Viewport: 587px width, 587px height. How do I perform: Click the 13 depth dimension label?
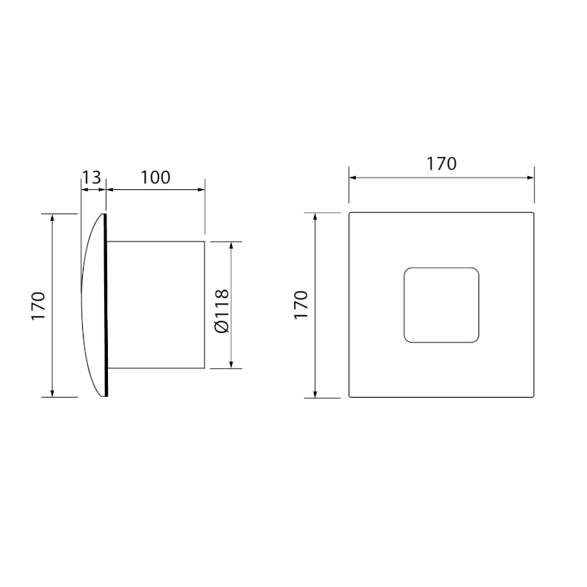[92, 177]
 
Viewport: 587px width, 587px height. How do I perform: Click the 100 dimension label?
[155, 177]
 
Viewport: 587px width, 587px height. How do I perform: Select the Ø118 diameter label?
[223, 305]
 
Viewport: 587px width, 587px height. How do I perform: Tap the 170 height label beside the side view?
[40, 305]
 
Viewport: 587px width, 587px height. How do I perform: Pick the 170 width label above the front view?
[441, 164]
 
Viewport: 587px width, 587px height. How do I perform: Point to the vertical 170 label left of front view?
[302, 305]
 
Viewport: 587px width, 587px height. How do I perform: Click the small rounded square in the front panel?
[441, 305]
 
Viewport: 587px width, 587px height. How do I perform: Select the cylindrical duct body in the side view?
[154, 305]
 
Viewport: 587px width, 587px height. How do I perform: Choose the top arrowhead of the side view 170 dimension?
[53, 218]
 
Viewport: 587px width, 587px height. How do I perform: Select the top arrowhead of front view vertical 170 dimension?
[316, 218]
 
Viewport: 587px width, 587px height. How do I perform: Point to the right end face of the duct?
[205, 305]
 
